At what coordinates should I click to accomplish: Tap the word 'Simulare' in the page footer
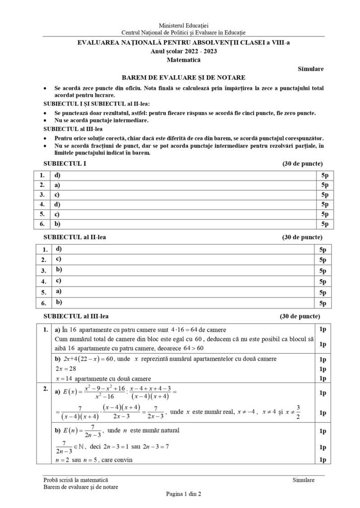[x=303, y=480]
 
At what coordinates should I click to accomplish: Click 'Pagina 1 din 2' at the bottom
[x=183, y=494]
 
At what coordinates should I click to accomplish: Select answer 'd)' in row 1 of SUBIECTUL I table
[x=57, y=175]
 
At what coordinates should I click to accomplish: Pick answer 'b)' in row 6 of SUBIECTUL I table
[x=57, y=223]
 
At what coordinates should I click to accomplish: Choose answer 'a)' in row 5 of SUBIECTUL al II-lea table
[x=58, y=291]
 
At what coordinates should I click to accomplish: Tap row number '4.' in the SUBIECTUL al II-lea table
[x=44, y=282]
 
